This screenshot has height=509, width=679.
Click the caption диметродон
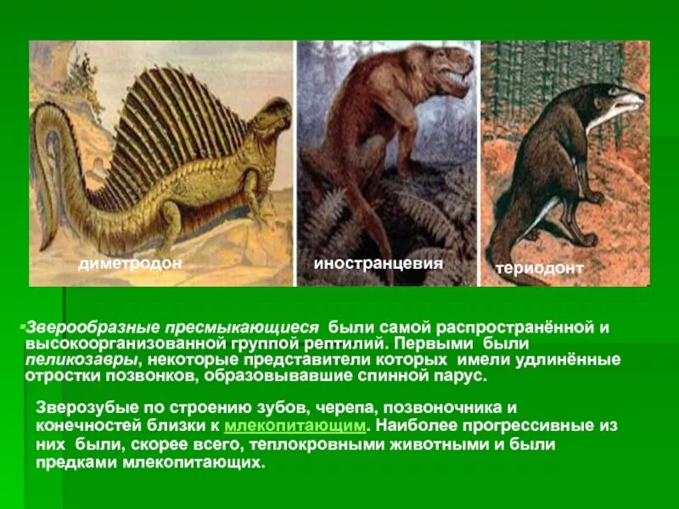click(130, 264)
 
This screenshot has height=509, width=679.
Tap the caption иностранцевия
click(379, 263)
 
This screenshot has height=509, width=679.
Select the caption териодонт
click(540, 268)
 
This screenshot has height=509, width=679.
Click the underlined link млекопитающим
click(295, 425)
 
